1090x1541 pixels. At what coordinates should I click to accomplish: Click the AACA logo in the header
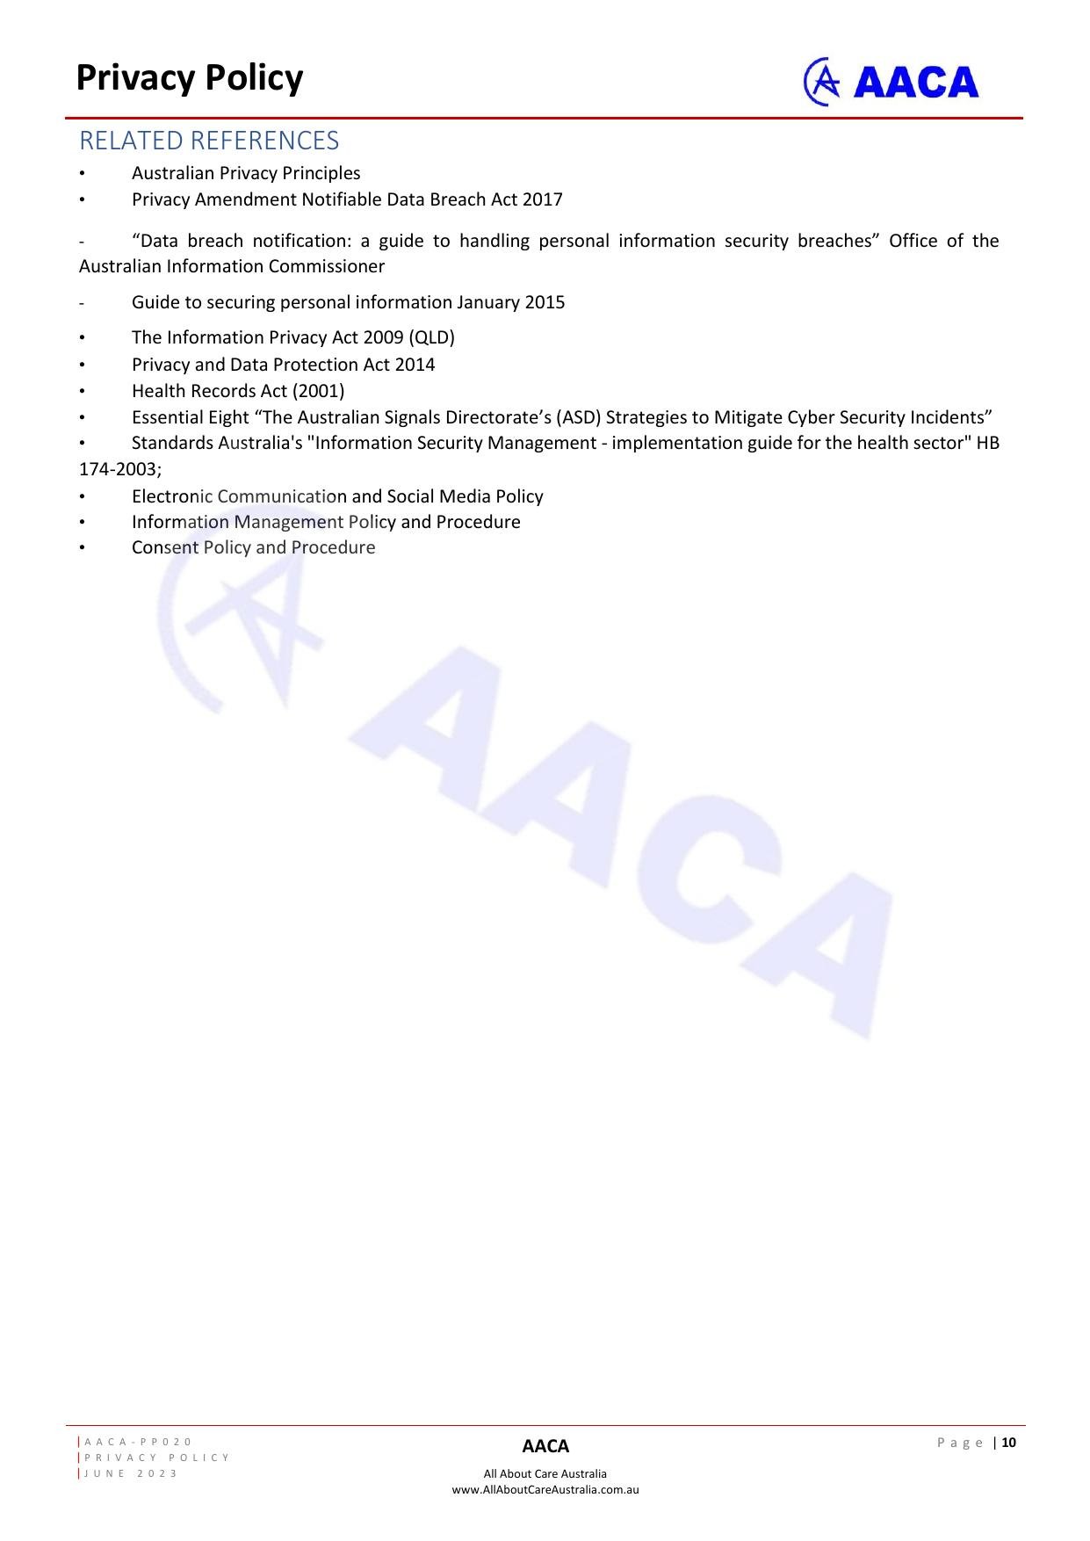(x=891, y=82)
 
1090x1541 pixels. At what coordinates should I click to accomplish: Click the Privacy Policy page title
(x=190, y=78)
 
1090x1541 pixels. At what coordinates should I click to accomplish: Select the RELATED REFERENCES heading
(x=209, y=141)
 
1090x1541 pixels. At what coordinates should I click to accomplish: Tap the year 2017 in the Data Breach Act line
(x=542, y=199)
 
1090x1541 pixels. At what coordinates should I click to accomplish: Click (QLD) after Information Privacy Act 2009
(x=432, y=337)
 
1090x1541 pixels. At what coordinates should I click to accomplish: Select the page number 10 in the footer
(x=1008, y=1443)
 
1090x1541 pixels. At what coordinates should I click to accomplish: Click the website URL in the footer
(x=545, y=1489)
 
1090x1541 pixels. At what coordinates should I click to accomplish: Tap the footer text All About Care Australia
(x=545, y=1473)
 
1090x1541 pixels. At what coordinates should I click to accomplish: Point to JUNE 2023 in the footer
(x=131, y=1473)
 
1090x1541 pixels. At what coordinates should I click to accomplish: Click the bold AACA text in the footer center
(x=545, y=1446)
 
